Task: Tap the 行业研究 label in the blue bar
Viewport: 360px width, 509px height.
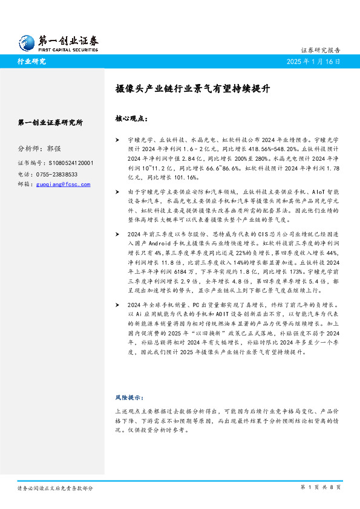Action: [x=31, y=62]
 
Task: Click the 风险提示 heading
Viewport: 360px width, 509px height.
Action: [x=129, y=397]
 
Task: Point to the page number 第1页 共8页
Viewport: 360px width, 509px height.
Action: [x=321, y=487]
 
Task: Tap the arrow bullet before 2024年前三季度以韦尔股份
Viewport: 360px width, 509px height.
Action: [x=117, y=234]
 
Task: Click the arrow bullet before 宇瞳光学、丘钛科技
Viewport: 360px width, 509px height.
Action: [x=117, y=140]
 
